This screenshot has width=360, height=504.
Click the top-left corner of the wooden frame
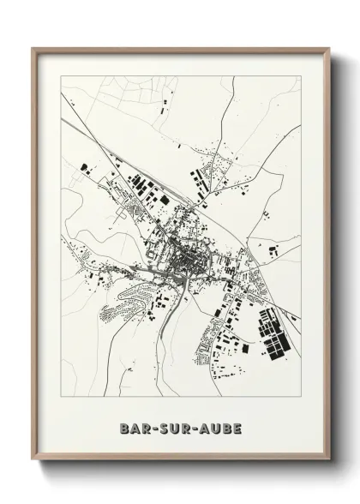click(x=33, y=48)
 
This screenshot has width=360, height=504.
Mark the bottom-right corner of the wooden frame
click(x=329, y=460)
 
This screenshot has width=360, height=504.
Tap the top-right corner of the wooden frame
click(x=329, y=48)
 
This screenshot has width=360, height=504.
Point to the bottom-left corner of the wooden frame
click(x=33, y=460)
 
